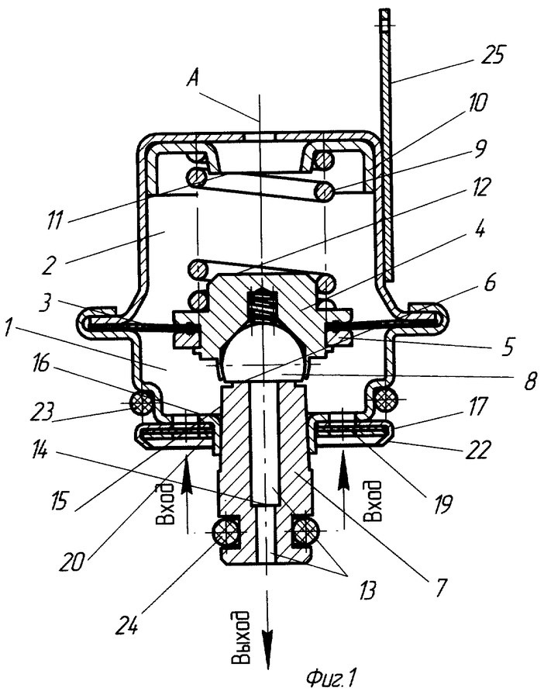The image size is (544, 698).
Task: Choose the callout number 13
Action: [366, 591]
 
